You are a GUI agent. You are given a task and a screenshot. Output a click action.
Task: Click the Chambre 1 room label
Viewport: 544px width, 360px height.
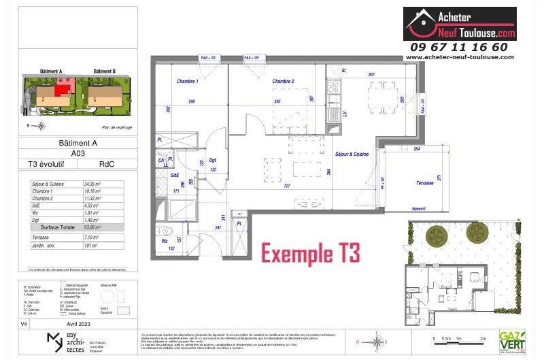point(187,81)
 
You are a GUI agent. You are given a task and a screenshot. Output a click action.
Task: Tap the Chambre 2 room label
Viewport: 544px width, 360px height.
point(283,81)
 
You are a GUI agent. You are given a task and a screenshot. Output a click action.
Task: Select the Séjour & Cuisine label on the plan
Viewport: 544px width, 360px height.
point(352,154)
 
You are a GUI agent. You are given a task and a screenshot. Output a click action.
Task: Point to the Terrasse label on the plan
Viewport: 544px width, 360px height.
point(407,184)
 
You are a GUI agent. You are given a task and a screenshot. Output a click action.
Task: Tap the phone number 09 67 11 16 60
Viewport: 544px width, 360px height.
point(459,47)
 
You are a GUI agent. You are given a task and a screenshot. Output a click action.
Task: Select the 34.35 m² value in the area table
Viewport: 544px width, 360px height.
point(92,184)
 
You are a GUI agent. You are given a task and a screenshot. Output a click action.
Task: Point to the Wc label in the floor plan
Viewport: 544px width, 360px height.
point(165,241)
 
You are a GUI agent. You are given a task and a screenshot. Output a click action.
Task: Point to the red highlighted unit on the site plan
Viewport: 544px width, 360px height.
point(63,87)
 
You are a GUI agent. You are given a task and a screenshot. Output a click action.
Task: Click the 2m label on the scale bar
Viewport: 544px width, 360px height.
point(483,338)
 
